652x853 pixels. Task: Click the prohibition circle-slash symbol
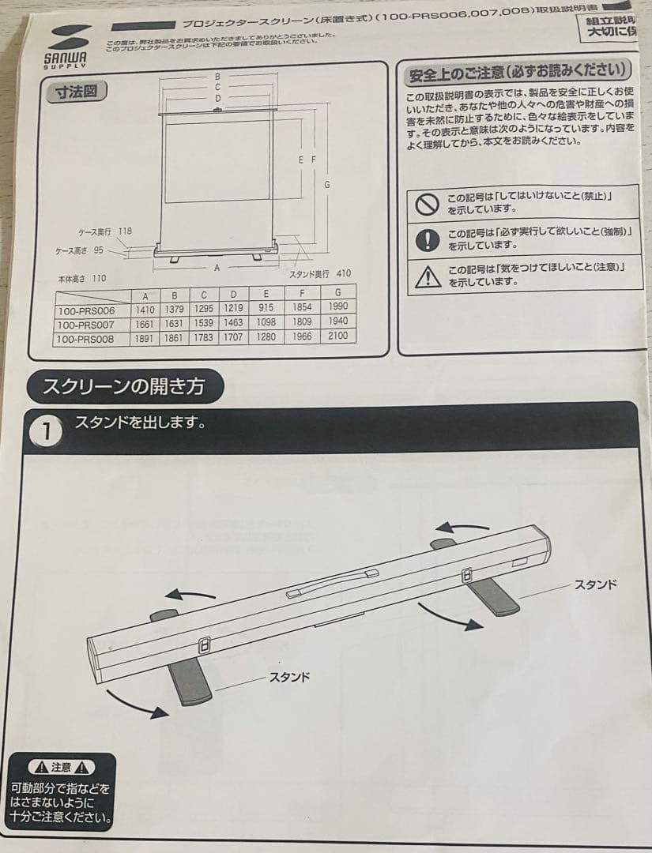tap(427, 205)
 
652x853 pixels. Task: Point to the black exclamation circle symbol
tap(427, 240)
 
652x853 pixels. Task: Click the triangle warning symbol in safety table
tap(427, 276)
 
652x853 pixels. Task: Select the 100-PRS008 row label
tap(86, 337)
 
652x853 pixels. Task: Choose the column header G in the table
tap(337, 295)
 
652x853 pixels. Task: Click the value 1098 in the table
tap(266, 323)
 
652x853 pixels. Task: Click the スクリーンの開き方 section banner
tap(124, 387)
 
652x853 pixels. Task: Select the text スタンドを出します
tap(140, 423)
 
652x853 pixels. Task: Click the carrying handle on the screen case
tap(332, 583)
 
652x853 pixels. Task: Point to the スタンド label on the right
tap(596, 584)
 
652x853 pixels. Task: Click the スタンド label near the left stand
tap(289, 677)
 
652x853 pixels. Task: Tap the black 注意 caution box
tap(61, 791)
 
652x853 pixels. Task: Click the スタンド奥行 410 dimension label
tap(319, 274)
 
